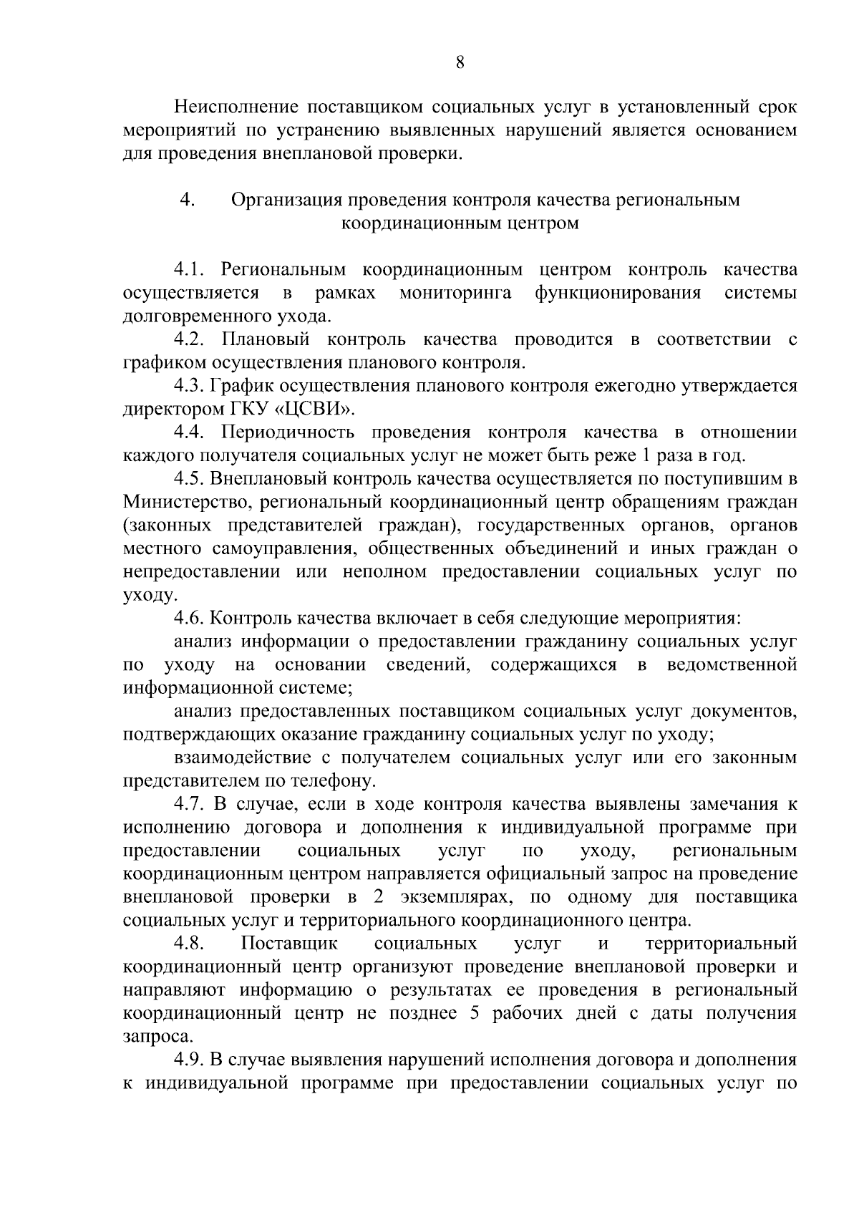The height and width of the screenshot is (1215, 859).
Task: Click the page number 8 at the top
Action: (x=460, y=62)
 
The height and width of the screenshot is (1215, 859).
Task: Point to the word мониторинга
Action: (x=455, y=293)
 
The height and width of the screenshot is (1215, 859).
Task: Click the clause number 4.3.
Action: (x=190, y=386)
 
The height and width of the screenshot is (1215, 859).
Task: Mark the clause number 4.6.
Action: (x=190, y=618)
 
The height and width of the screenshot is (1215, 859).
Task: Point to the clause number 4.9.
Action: (x=190, y=1059)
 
